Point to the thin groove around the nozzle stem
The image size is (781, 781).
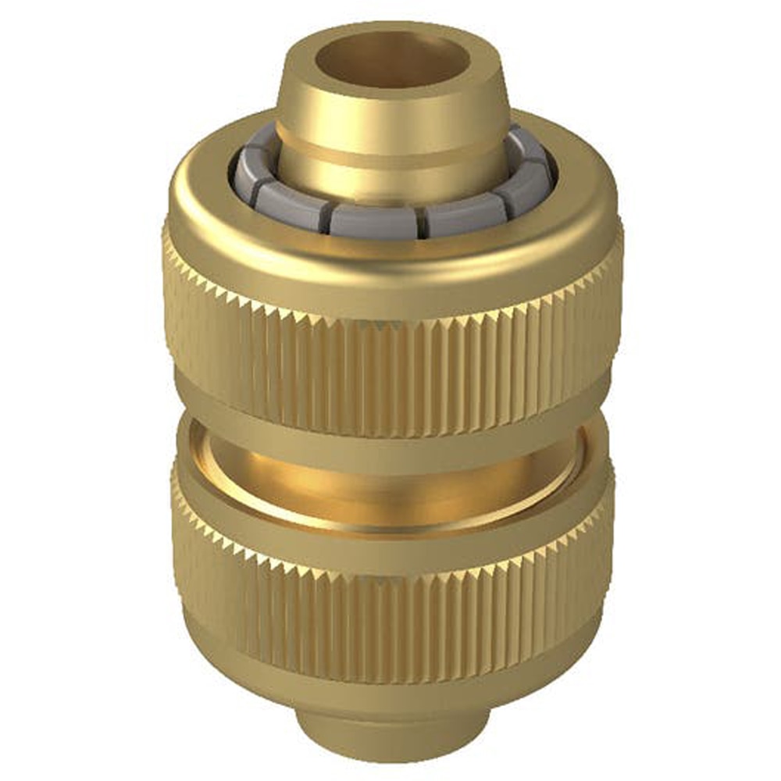click(390, 160)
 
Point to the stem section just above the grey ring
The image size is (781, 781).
click(390, 184)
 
